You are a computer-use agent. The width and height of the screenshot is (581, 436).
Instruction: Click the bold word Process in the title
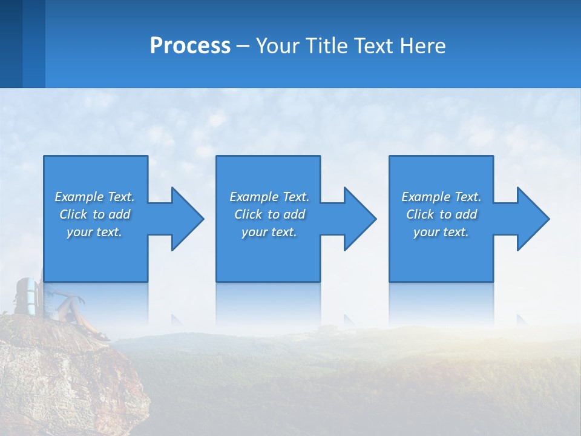click(190, 46)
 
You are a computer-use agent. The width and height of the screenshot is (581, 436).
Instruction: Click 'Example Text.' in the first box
click(94, 197)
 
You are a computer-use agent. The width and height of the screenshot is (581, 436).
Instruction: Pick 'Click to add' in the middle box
click(269, 214)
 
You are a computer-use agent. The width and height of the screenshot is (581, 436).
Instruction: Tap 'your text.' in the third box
click(441, 232)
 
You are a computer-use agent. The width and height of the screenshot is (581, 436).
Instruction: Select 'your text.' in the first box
click(94, 232)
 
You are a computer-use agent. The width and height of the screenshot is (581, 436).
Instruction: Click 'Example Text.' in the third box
click(441, 197)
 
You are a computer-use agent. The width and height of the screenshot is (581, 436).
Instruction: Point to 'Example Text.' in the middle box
click(269, 197)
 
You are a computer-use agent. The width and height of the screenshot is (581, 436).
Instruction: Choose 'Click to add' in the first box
click(94, 214)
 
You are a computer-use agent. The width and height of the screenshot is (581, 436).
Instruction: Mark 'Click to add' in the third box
click(441, 214)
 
